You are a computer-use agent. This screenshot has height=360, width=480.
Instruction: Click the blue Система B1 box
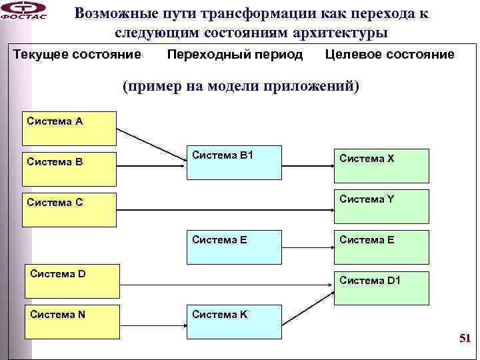233,163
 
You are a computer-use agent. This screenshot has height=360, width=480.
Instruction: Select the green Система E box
382,247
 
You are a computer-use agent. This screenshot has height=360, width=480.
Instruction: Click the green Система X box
382,166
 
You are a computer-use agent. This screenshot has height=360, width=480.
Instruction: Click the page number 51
465,339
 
